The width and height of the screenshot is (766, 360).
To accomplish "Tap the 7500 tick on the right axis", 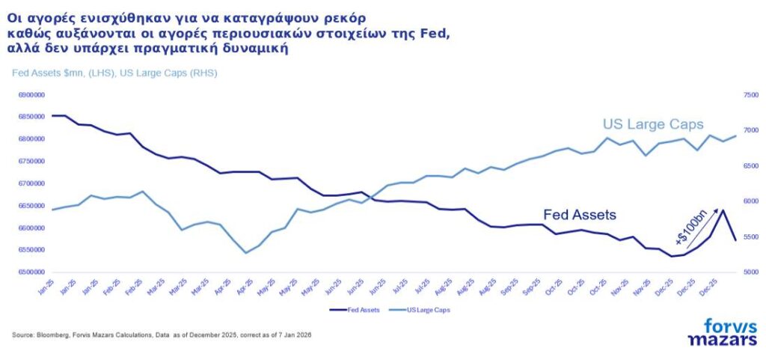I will tap(750, 95).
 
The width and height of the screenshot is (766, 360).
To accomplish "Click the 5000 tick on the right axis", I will tap(750, 272).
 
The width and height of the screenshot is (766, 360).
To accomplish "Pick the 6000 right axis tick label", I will tap(750, 201).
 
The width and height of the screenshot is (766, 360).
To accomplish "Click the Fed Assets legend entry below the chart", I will tap(358, 308).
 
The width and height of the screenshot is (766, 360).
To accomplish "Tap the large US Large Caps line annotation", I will tap(653, 124).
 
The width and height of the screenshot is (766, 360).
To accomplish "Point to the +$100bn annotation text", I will tap(690, 229).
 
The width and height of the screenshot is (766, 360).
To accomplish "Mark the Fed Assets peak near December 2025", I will tap(723, 210).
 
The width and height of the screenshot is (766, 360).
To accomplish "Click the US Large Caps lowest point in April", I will tap(245, 253).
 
